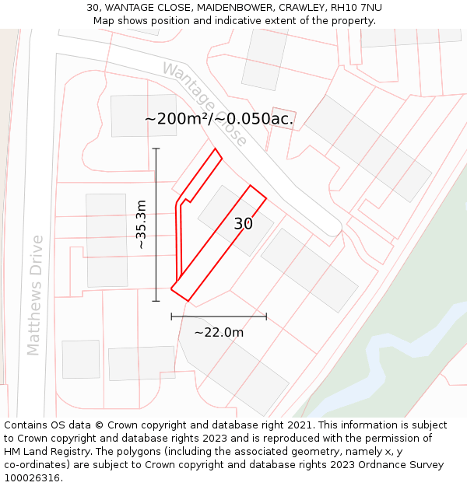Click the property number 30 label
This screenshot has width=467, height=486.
pyautogui.click(x=244, y=224)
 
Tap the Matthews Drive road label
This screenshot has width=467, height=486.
pyautogui.click(x=35, y=295)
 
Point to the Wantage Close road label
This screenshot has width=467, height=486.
pyautogui.click(x=204, y=104)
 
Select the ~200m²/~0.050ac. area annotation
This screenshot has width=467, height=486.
pyautogui.click(x=219, y=118)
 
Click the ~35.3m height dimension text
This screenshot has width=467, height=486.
pyautogui.click(x=141, y=225)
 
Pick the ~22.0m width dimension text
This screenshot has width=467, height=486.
pyautogui.click(x=219, y=332)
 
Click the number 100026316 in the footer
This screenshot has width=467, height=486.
pyautogui.click(x=32, y=478)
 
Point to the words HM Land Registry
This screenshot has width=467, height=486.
pyautogui.click(x=44, y=452)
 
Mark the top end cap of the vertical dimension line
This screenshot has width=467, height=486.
pyautogui.click(x=156, y=148)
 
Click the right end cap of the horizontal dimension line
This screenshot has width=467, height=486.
pyautogui.click(x=266, y=316)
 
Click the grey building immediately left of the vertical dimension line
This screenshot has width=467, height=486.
pyautogui.click(x=107, y=240)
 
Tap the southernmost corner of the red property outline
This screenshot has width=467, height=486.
pyautogui.click(x=188, y=301)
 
